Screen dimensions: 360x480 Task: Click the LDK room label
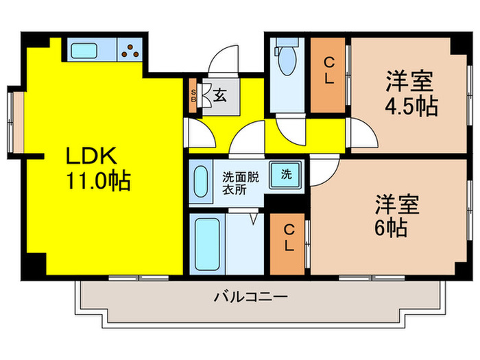click(93, 157)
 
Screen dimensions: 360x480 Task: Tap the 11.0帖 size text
click(99, 182)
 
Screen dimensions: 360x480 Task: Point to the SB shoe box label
click(193, 95)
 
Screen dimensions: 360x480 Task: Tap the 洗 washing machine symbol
click(286, 173)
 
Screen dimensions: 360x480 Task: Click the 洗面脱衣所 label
click(239, 182)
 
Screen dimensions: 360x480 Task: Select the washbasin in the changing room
click(200, 182)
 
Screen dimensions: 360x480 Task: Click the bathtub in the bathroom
click(205, 244)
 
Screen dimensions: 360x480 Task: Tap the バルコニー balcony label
click(250, 298)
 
